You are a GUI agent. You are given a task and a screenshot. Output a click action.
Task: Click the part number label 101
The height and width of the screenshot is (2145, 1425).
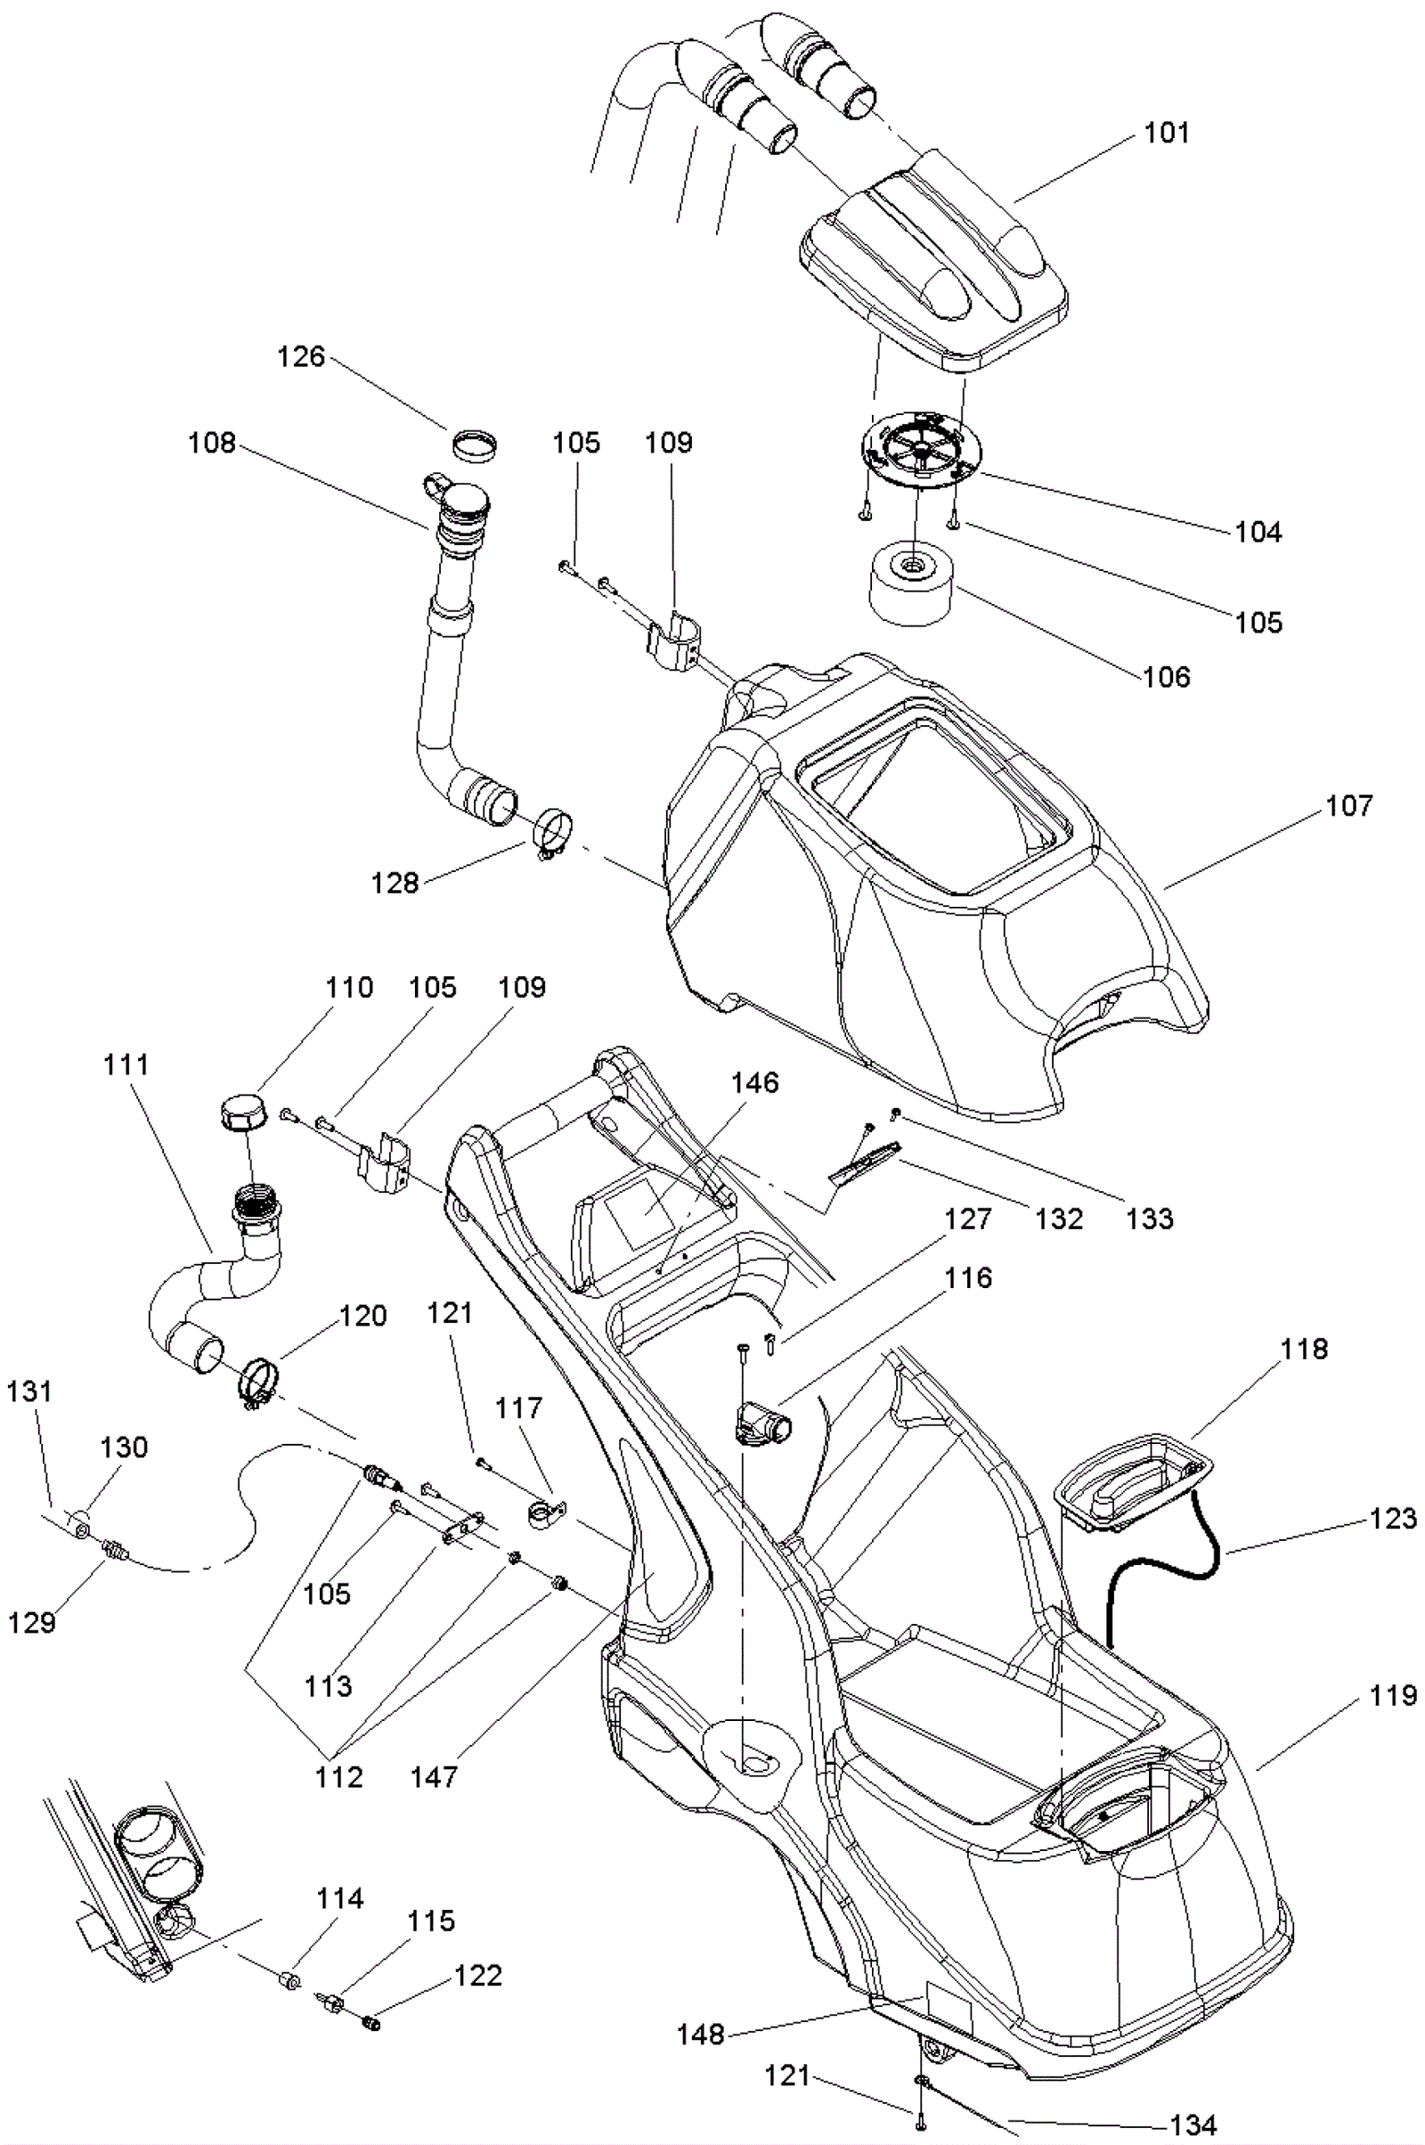click(x=1166, y=133)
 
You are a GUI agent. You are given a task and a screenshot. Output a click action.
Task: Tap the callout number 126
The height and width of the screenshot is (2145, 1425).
click(x=301, y=356)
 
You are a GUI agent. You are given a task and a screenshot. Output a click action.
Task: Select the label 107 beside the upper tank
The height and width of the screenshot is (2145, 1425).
click(x=1349, y=805)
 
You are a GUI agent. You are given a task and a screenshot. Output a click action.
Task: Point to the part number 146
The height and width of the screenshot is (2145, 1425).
click(x=755, y=1082)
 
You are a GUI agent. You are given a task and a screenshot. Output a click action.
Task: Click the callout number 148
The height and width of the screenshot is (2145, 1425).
click(x=701, y=2035)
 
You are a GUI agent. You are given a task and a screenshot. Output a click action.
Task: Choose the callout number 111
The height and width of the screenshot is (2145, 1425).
click(x=126, y=1064)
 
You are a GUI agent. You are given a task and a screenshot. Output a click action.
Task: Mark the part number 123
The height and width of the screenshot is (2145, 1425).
click(x=1393, y=1518)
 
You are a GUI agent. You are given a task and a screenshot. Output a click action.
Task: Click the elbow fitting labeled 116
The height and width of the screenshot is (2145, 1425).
click(x=760, y=1423)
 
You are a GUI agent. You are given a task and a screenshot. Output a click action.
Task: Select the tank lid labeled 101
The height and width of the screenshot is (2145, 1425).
click(x=936, y=273)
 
